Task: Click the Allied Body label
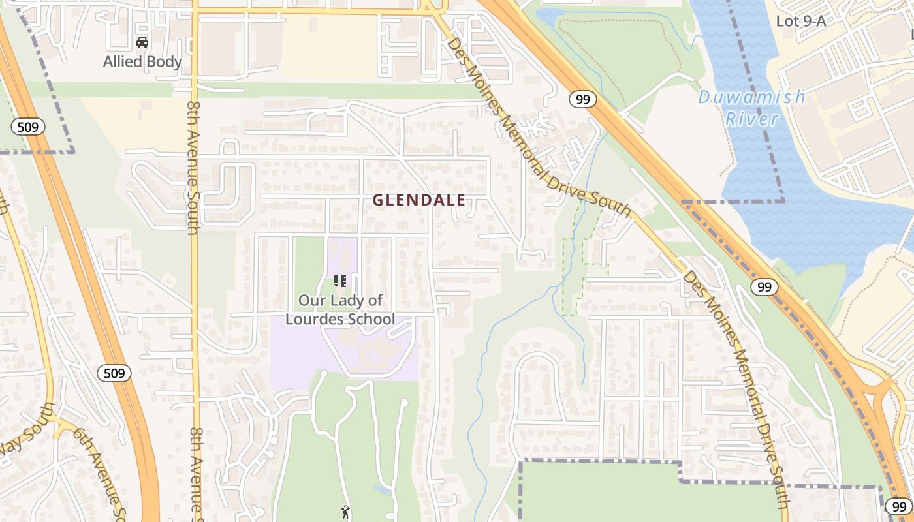[x=142, y=62]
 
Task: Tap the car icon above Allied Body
[x=142, y=43]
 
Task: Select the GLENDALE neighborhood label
[x=419, y=200]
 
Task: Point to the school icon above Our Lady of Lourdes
[x=340, y=281]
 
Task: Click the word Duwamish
[x=751, y=98]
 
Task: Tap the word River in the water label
[x=751, y=119]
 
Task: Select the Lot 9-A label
[x=800, y=21]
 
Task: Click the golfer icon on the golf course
[x=345, y=512]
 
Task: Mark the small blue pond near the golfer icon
[x=379, y=489]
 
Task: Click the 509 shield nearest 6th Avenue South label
[x=114, y=373]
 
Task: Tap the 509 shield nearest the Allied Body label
[x=28, y=127]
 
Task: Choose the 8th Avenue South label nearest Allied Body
[x=193, y=166]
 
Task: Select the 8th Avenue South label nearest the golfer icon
[x=195, y=470]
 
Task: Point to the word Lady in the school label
[x=349, y=301]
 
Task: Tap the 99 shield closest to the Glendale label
[x=582, y=99]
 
